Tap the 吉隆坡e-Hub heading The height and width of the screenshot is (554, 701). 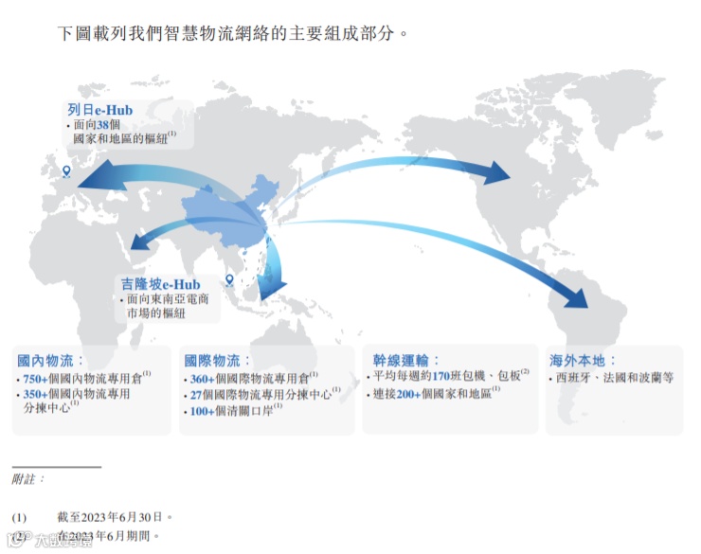tap(159, 284)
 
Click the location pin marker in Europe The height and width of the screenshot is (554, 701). tap(66, 171)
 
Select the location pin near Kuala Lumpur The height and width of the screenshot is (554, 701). tap(229, 279)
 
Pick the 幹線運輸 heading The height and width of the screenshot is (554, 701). tap(401, 361)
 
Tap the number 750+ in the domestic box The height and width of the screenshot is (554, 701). tap(35, 379)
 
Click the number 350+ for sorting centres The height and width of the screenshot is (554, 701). tap(35, 394)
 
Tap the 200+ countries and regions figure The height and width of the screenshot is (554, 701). tap(410, 394)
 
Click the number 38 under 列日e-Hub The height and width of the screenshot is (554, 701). tap(103, 125)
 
